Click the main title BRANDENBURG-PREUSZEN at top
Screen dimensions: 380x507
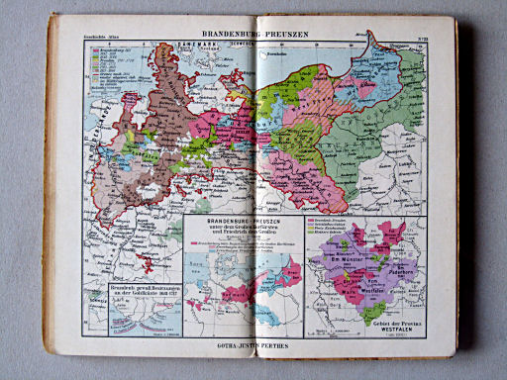pyautogui.click(x=255, y=34)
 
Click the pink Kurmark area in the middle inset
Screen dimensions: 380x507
pyautogui.click(x=289, y=268)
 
